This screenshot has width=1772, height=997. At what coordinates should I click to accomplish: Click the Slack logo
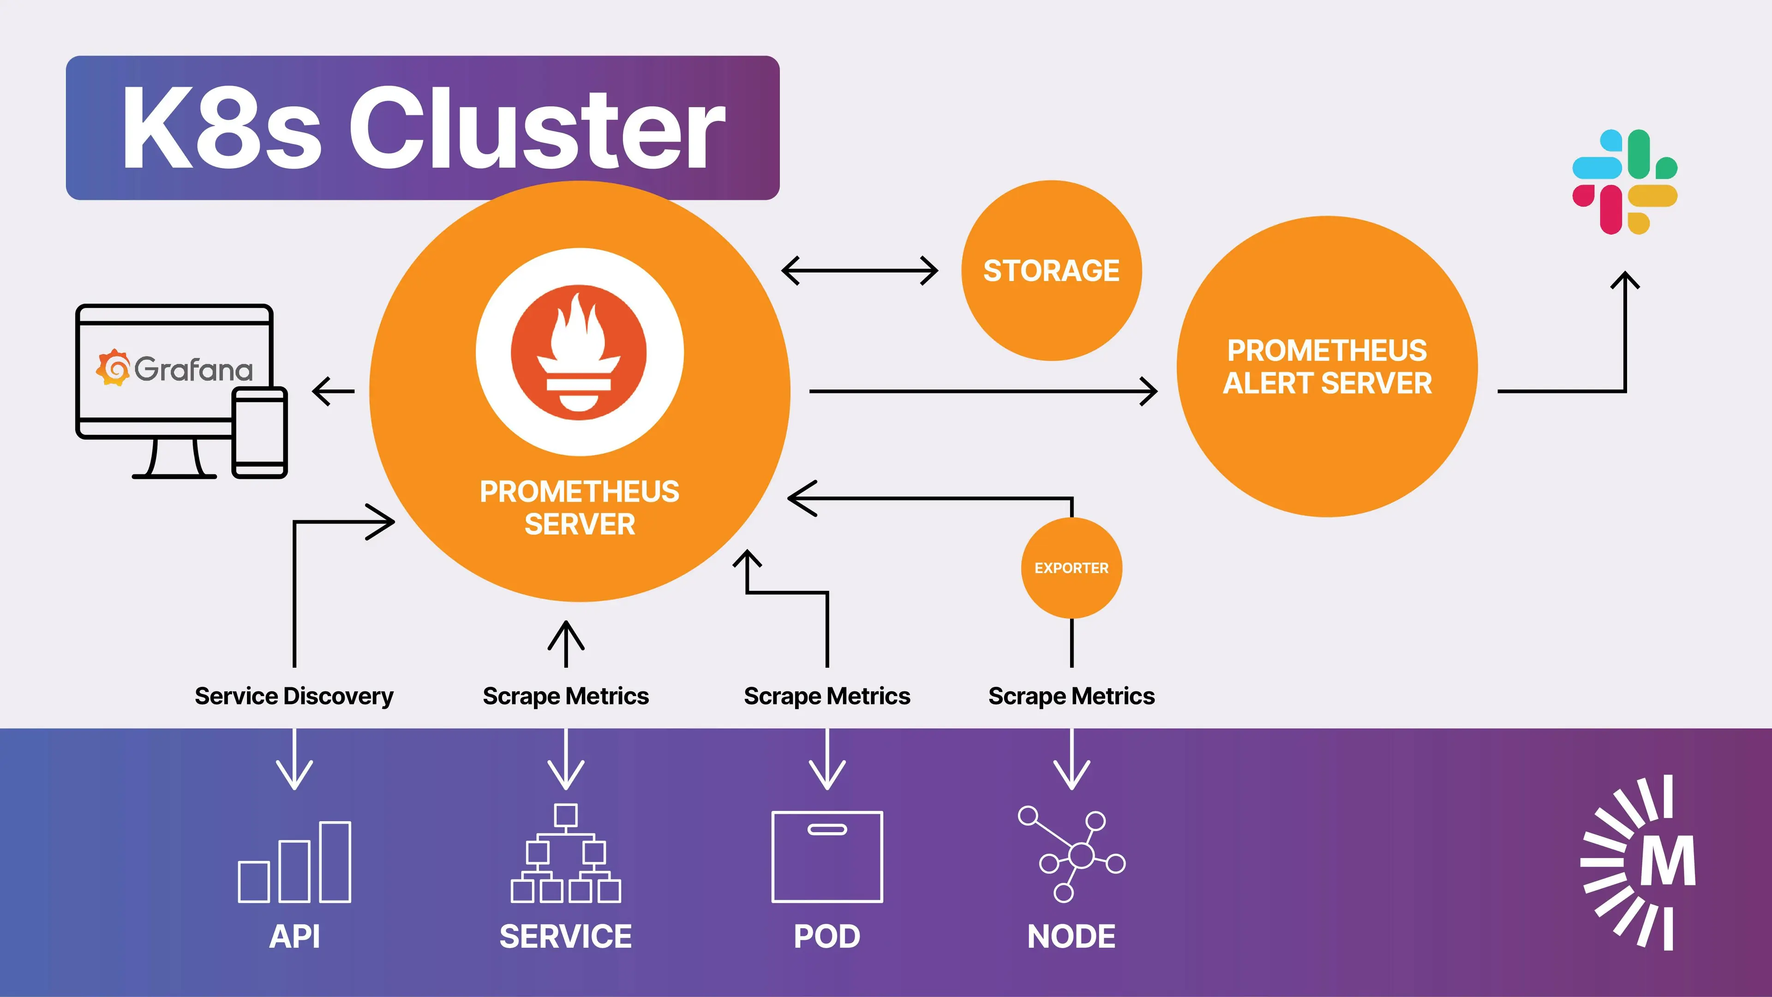tap(1625, 182)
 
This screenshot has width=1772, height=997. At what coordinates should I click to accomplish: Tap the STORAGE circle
tap(1051, 270)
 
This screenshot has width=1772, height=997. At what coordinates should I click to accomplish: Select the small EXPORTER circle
tap(1071, 568)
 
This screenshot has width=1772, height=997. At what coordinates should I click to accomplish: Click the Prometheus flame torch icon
tap(579, 352)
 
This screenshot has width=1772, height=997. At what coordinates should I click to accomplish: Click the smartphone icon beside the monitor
tap(259, 432)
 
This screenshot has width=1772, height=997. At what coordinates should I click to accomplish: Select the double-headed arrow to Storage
tap(860, 270)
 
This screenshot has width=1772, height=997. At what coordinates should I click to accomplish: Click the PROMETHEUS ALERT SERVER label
tap(1327, 367)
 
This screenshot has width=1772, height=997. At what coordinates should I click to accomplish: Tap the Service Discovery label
tap(294, 696)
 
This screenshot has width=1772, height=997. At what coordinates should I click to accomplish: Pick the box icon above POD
tap(827, 857)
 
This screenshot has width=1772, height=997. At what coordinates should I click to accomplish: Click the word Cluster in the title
tap(537, 129)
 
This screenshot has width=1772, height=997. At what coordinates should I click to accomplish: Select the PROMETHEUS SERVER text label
tap(579, 508)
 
